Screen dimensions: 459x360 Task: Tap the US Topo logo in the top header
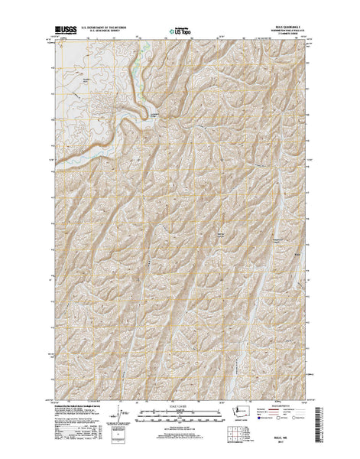point(179,33)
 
